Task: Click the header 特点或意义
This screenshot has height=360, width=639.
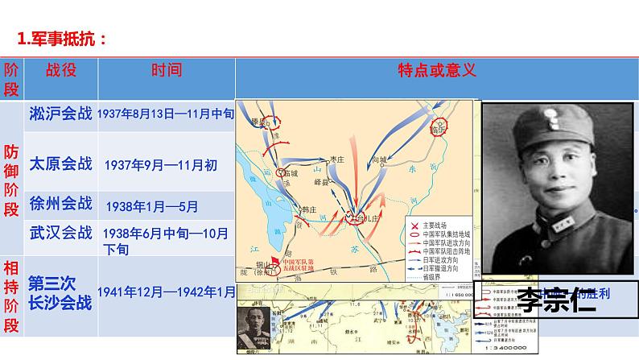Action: (437, 70)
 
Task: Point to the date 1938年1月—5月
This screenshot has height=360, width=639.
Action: (162, 205)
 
